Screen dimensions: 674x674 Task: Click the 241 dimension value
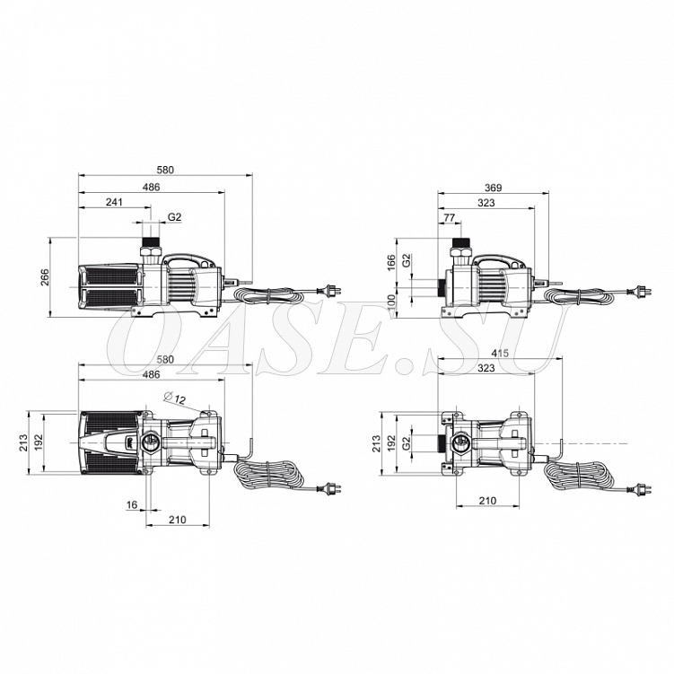[114, 202]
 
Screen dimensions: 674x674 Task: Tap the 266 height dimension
[45, 277]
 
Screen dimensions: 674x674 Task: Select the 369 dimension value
[493, 188]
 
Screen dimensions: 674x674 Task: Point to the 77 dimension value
[449, 217]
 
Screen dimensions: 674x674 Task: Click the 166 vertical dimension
[390, 263]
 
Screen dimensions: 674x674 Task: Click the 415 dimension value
[500, 353]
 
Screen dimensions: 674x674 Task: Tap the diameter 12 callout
[175, 398]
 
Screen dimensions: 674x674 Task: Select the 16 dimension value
[132, 504]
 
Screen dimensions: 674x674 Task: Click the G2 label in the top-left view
[174, 217]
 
